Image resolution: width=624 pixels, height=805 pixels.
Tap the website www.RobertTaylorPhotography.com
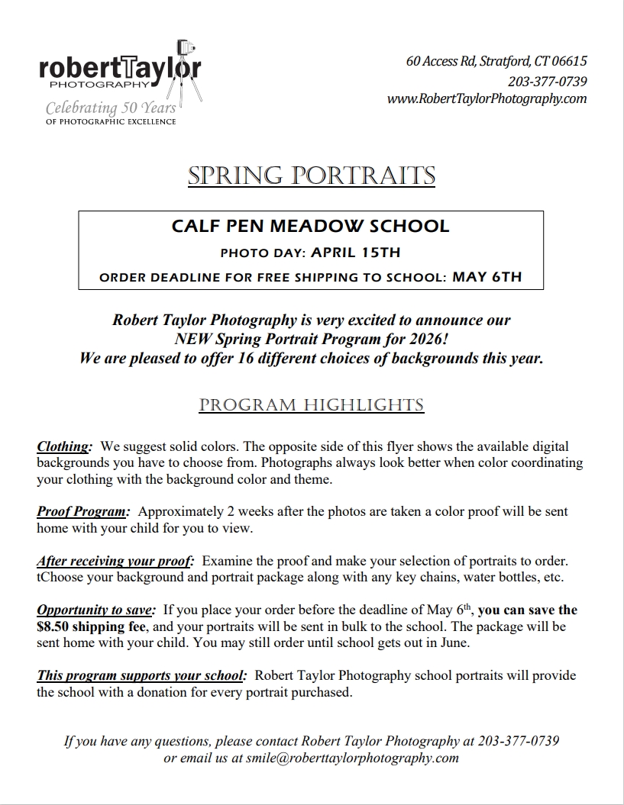click(x=487, y=99)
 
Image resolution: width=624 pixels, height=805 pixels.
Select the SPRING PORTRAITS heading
click(x=312, y=175)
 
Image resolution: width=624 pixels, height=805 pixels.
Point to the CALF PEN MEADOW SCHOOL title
click(x=310, y=226)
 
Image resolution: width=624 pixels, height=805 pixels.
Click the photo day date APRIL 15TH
click(x=355, y=252)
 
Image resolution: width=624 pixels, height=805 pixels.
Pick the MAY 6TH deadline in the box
click(x=487, y=277)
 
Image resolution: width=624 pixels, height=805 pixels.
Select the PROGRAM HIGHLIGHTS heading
click(x=312, y=404)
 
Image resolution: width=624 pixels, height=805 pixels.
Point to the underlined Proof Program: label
click(x=83, y=511)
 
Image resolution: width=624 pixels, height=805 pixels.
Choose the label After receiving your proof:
click(x=115, y=561)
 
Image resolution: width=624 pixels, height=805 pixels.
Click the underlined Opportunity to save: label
click(x=96, y=610)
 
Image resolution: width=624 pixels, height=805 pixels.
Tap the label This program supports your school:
click(x=141, y=676)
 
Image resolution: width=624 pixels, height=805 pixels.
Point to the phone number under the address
click(x=547, y=82)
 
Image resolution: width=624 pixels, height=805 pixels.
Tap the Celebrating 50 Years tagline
click(x=111, y=108)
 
